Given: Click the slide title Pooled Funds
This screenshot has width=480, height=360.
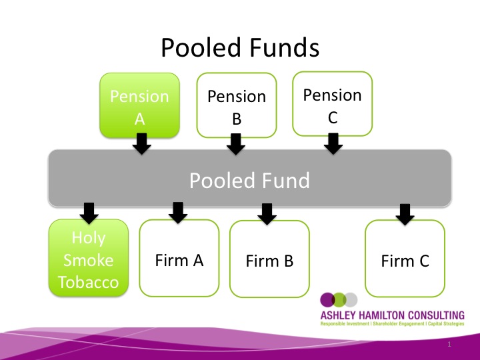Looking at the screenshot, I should click(x=240, y=48).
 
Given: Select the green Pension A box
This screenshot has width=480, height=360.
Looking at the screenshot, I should click(x=139, y=106).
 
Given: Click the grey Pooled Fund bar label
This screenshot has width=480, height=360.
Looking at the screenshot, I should click(x=249, y=180).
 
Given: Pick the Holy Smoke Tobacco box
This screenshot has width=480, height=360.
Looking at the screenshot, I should click(x=89, y=260).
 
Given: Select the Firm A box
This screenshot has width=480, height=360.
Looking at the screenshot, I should click(x=179, y=259).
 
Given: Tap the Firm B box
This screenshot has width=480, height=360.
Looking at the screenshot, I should click(x=269, y=261).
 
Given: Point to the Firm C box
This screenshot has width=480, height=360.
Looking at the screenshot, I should click(x=405, y=261).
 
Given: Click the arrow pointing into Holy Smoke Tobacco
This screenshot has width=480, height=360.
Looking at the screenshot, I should click(x=88, y=212).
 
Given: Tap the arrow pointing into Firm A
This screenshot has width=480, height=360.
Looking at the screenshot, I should click(x=177, y=213).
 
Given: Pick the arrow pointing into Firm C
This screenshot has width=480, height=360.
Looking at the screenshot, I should click(x=404, y=213).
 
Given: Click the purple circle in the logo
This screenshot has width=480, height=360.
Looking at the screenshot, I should click(x=327, y=299).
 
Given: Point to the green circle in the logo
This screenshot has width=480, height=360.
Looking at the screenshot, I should click(x=339, y=299).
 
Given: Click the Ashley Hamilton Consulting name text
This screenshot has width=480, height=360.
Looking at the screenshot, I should click(x=391, y=315).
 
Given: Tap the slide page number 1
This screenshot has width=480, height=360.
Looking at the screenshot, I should click(x=450, y=344).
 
